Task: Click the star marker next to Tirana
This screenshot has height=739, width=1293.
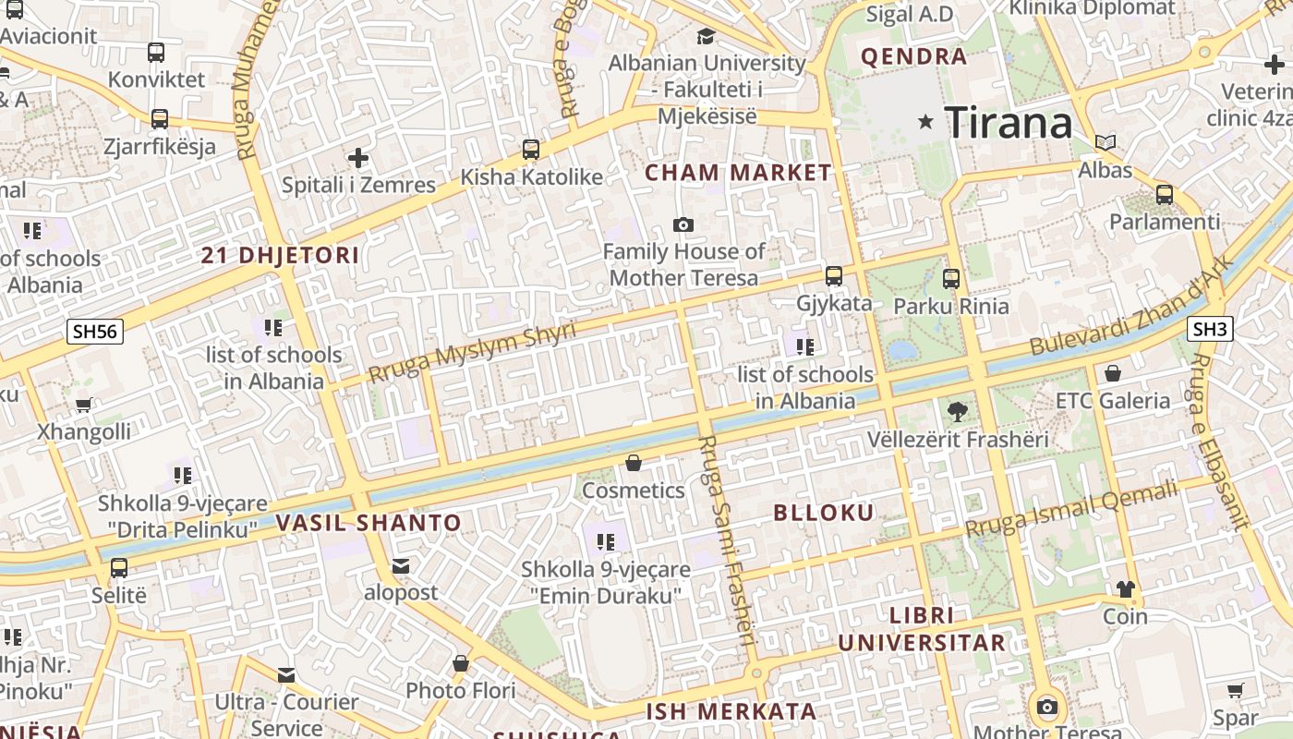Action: coord(925,122)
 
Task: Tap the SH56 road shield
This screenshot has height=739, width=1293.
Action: coord(95,331)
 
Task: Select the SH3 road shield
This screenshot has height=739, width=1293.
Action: coord(1211,328)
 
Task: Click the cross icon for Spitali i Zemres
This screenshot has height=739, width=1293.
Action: coord(358,158)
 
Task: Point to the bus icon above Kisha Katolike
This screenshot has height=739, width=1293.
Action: coord(531,149)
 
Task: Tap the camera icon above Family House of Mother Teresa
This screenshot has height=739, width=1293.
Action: coord(683,224)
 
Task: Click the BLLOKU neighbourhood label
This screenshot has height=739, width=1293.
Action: coord(823,513)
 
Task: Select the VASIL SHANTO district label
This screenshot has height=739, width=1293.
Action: coord(369,523)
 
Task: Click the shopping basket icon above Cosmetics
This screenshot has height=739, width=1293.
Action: coord(634,463)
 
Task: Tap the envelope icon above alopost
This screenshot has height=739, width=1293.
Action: coord(401,565)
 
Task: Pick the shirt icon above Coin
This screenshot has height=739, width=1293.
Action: coord(1125,588)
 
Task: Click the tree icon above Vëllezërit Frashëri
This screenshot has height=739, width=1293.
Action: coord(957,412)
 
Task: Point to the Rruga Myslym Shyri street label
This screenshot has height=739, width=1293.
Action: coord(472,351)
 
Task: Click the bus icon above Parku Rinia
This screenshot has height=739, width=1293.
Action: coord(951,278)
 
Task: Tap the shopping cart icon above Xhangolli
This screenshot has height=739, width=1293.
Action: coord(84,405)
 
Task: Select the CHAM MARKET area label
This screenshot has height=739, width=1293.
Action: coord(738,173)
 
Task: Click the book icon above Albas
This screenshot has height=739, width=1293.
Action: coord(1105,143)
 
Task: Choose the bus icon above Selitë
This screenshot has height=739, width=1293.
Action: coord(119,568)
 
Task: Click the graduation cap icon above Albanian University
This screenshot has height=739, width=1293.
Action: coord(707,37)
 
